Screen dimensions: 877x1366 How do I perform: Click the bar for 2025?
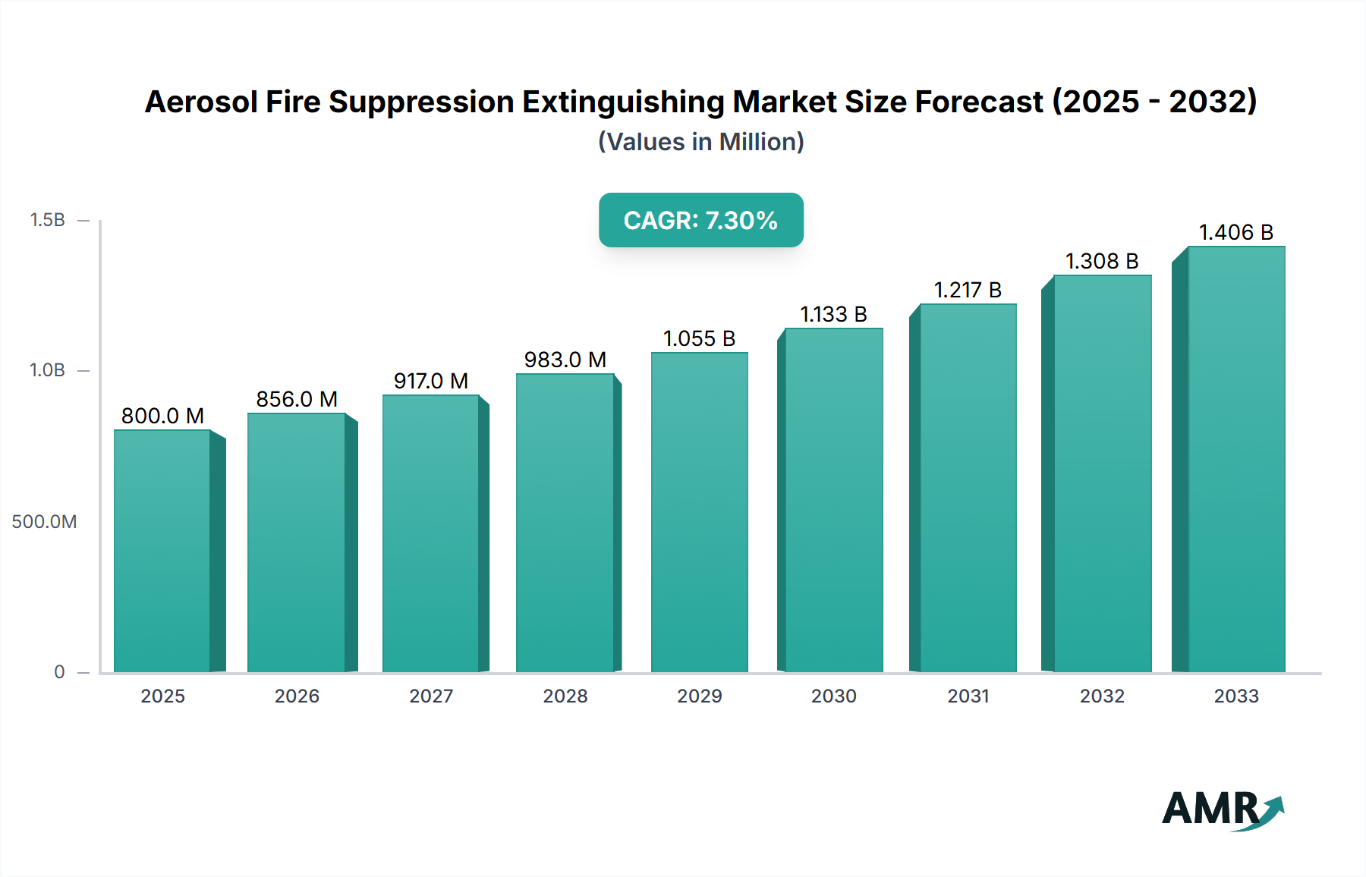(x=162, y=551)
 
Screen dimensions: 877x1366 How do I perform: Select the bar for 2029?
(x=699, y=512)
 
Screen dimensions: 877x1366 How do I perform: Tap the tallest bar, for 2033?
(x=1235, y=459)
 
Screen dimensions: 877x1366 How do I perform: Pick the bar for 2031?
(x=968, y=488)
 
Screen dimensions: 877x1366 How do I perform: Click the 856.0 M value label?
(x=297, y=399)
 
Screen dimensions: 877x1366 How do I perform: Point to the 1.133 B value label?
(x=833, y=314)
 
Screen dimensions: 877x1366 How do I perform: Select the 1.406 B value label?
(x=1235, y=232)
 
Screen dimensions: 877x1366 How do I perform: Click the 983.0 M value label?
(x=565, y=360)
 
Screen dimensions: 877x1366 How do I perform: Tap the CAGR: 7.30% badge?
(x=700, y=220)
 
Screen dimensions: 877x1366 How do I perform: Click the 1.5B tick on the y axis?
(x=48, y=220)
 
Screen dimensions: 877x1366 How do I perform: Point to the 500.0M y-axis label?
(x=44, y=522)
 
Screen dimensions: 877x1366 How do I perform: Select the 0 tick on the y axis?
(x=59, y=672)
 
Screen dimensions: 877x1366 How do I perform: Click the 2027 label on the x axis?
(x=431, y=696)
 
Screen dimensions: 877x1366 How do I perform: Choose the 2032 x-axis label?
(x=1102, y=696)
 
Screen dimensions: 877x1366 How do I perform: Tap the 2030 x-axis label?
(x=833, y=696)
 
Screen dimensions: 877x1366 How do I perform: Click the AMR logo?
(x=1222, y=809)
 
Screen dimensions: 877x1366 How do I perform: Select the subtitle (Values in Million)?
(x=700, y=142)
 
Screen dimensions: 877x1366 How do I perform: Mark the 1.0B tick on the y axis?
(x=48, y=370)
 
